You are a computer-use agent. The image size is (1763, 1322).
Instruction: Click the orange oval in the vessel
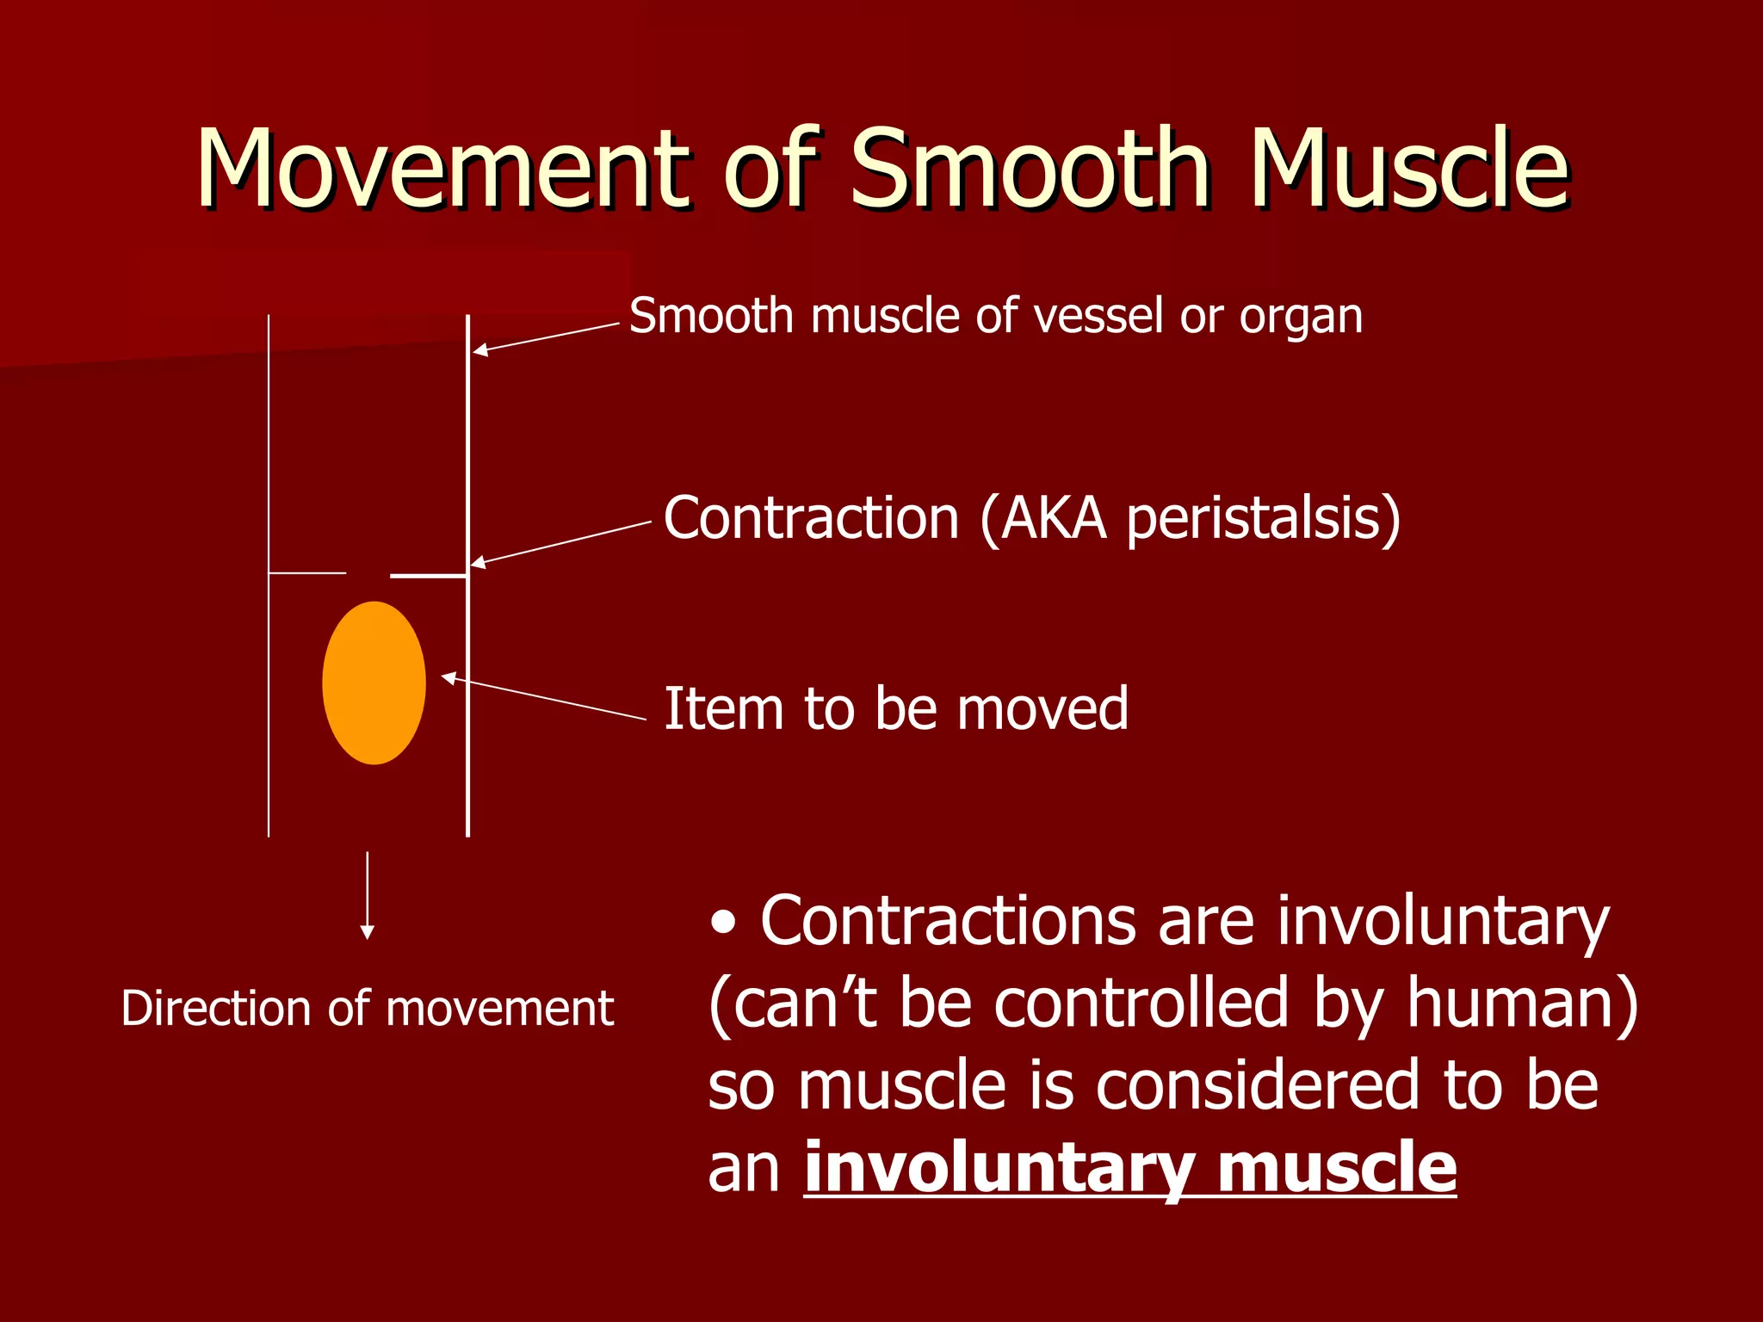[374, 683]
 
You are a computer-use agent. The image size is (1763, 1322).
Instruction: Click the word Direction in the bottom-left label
[215, 1008]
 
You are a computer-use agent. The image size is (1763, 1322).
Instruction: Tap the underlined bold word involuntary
[999, 1168]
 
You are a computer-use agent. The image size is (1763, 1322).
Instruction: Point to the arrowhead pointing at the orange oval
[448, 678]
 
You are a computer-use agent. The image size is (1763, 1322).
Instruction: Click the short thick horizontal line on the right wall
[428, 575]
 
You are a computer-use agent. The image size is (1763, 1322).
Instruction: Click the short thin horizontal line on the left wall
[307, 572]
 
